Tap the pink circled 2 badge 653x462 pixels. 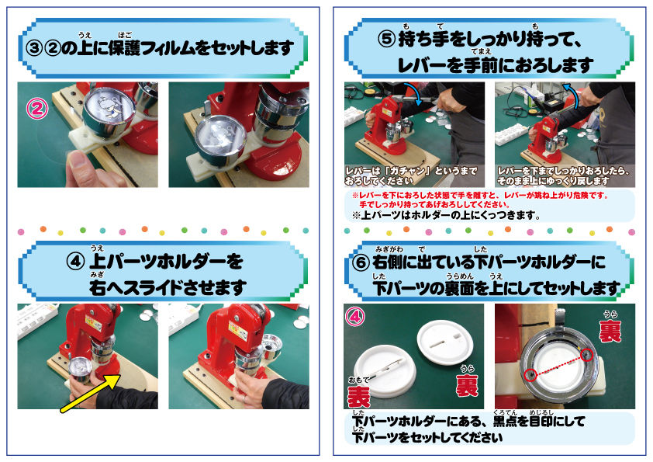tap(37, 109)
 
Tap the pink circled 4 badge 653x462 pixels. tap(355, 317)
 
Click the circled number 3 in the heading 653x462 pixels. tap(33, 48)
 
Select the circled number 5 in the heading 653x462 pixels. tap(386, 40)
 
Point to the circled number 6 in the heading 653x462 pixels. tap(361, 262)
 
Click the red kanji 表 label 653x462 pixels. tap(358, 396)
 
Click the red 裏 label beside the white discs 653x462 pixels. tap(467, 385)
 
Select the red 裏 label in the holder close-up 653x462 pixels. tap(610, 331)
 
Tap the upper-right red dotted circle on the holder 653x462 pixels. tap(587, 355)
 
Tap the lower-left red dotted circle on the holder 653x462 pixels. tap(530, 375)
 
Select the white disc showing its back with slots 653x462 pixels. tap(445, 342)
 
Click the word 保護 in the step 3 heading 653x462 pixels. tap(125, 49)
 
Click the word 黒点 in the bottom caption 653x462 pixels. tap(505, 422)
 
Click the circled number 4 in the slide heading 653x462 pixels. tap(75, 262)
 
